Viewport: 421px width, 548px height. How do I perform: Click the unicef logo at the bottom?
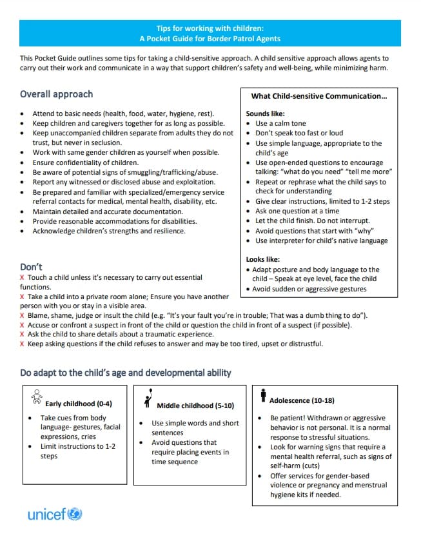pos(55,514)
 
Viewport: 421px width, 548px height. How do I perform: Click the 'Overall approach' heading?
pos(56,94)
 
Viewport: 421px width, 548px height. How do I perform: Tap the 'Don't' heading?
pos(31,266)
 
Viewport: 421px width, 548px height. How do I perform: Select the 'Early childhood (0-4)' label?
pos(79,404)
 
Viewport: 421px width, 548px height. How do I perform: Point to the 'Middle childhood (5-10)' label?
pos(195,406)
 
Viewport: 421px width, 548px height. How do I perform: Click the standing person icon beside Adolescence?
pos(263,395)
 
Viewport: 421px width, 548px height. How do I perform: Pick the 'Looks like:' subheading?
pos(262,259)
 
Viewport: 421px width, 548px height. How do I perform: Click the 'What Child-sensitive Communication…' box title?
pos(318,96)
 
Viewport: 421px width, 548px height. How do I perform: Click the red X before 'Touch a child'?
pos(23,277)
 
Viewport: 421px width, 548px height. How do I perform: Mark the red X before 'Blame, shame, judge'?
pos(23,315)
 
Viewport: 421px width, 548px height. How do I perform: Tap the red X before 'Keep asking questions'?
pos(23,344)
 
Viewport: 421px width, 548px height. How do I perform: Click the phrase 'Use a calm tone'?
pos(280,123)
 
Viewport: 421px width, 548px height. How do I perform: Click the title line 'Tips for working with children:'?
pos(210,28)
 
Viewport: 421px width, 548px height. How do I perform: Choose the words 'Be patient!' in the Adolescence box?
pos(289,418)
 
